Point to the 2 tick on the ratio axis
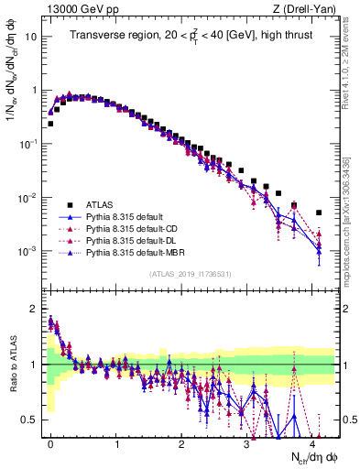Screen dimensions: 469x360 pos(35,308)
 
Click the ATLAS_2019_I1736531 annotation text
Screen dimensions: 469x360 pos(191,274)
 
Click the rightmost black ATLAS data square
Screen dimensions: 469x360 pos(319,213)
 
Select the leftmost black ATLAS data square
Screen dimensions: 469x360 pos(50,123)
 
